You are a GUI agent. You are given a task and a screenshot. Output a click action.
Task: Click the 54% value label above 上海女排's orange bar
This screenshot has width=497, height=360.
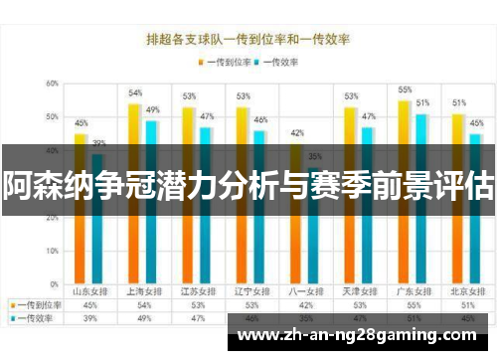pos(135,92)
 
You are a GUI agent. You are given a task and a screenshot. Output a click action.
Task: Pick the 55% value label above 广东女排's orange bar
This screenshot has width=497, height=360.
pos(405,90)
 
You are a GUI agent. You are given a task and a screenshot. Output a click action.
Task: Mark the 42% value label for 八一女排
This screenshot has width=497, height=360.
pos(297,132)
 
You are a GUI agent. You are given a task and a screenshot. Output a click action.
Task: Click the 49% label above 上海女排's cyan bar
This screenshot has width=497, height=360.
pos(153,109)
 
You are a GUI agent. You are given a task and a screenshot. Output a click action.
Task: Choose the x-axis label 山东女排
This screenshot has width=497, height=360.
pos(88,292)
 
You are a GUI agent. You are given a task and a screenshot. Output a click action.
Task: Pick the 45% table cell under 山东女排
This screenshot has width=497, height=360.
pos(88,305)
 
